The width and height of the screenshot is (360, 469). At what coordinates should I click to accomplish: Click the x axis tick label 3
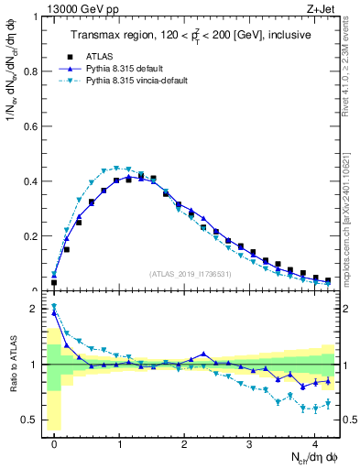250,443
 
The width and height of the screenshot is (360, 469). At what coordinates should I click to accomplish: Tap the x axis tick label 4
315,443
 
